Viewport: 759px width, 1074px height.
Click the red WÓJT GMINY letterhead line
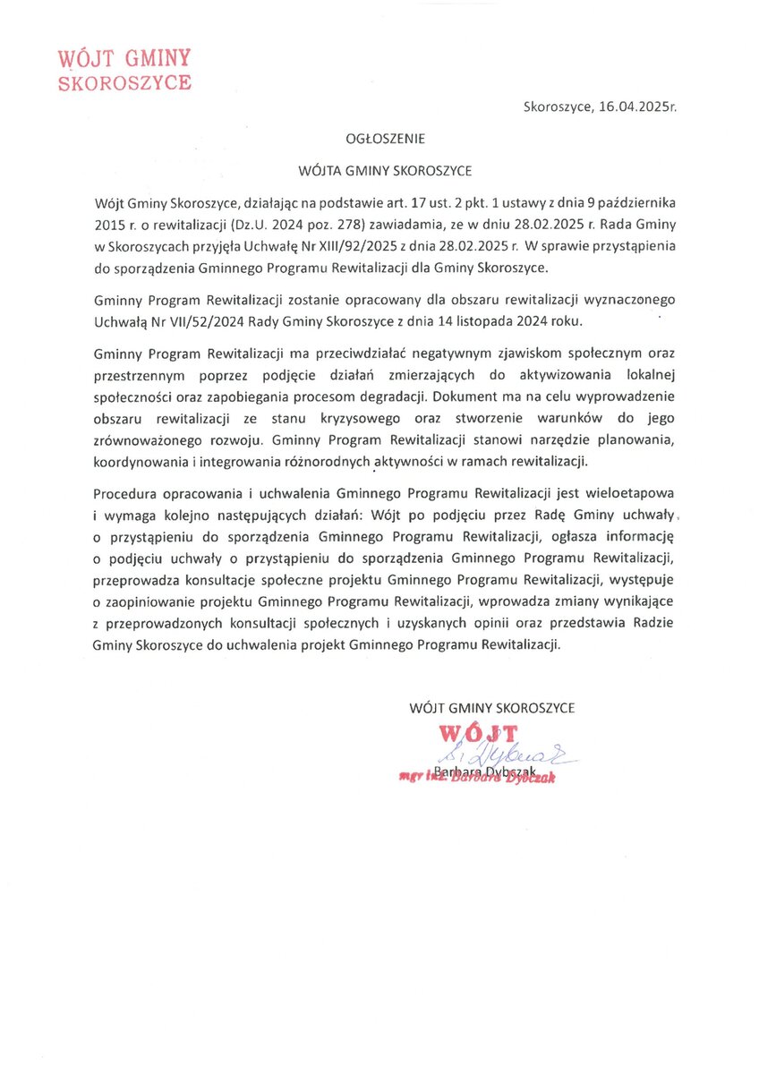(124, 60)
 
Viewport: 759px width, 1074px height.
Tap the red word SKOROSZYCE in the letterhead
(124, 83)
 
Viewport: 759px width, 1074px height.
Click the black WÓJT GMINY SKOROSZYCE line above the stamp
(491, 707)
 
